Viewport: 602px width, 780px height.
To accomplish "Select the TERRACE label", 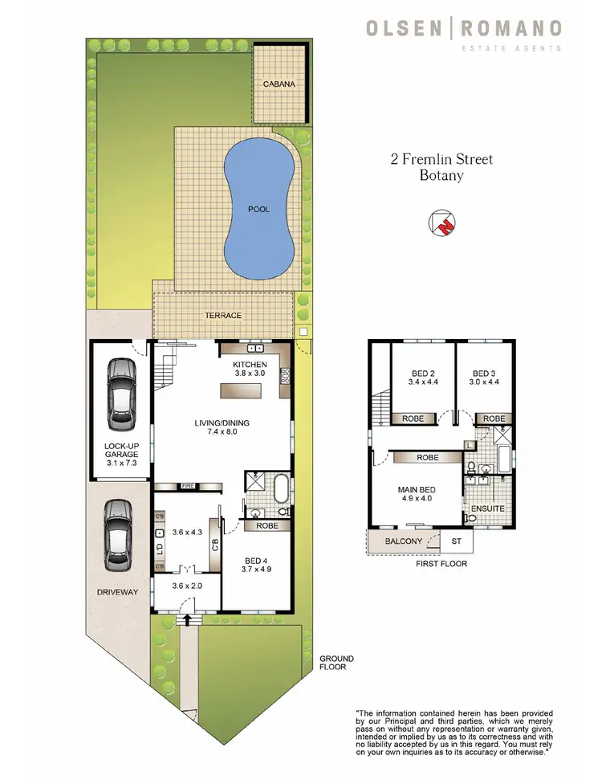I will [222, 316].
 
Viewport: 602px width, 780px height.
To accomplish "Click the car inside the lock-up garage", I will [121, 393].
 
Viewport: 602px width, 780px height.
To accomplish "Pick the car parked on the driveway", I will [118, 534].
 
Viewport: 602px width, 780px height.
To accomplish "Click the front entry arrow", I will [189, 619].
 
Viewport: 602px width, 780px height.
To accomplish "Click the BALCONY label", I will [404, 542].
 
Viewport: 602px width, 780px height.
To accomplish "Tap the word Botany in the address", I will [441, 176].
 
